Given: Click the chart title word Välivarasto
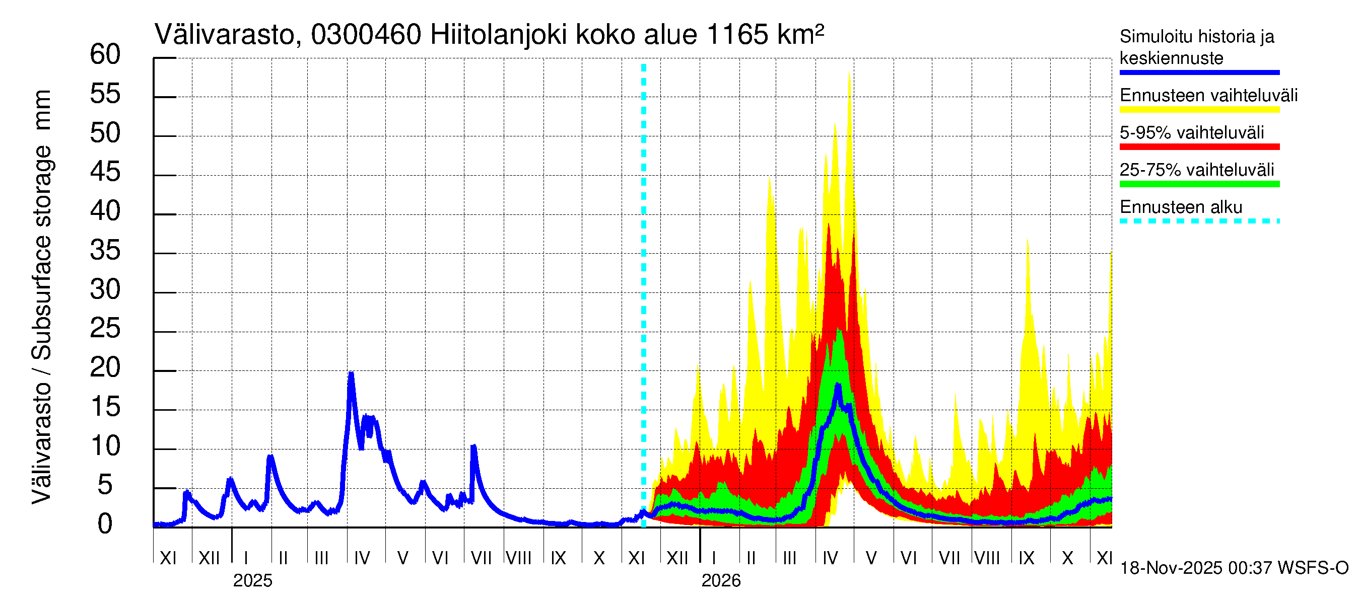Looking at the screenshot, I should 226,35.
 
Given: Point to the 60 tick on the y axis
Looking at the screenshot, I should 105,54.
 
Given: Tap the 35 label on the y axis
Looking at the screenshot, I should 105,251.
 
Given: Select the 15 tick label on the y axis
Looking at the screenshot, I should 105,407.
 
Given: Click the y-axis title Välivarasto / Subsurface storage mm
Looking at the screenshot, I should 41,297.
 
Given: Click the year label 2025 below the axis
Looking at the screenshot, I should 252,581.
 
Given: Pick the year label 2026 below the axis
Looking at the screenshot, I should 721,581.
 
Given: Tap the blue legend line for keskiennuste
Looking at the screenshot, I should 1199,72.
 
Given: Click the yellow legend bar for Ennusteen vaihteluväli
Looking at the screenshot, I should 1199,110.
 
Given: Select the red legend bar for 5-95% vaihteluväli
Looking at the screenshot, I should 1199,146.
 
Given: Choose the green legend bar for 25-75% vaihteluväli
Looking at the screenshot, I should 1199,184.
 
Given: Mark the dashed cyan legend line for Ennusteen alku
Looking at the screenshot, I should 1199,221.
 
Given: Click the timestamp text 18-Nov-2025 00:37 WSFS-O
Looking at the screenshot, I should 1234,568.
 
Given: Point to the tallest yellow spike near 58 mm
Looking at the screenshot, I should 849,74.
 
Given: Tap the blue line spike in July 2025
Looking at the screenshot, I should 473,447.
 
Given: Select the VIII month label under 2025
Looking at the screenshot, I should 518,558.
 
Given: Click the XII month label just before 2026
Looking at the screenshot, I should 677,558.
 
